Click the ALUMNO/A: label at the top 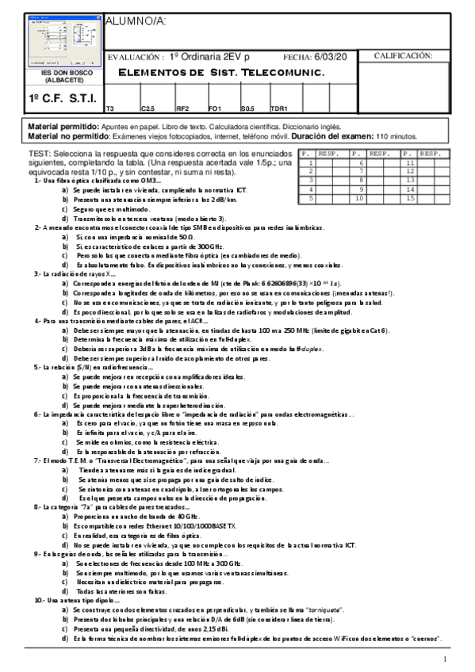[x=136, y=21]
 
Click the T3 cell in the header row [x=111, y=108]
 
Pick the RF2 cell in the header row [x=182, y=108]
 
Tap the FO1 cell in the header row [x=214, y=108]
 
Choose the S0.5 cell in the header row [x=247, y=108]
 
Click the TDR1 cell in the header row [x=279, y=108]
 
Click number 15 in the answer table [x=411, y=198]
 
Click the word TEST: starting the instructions [x=40, y=154]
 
